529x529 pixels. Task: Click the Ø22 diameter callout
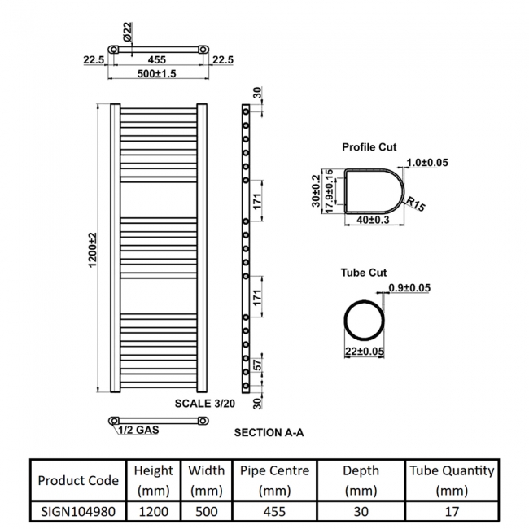pos(128,34)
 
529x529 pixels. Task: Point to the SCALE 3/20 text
pos(205,403)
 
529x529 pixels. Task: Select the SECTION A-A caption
pos(269,433)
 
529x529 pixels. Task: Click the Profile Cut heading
pos(369,147)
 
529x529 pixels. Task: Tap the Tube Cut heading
pos(364,273)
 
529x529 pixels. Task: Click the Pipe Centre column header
pos(274,480)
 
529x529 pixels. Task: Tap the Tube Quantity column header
pos(452,480)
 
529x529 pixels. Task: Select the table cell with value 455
pos(274,511)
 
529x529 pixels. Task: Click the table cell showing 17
pos(452,511)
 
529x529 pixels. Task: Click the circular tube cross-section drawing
pos(362,319)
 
